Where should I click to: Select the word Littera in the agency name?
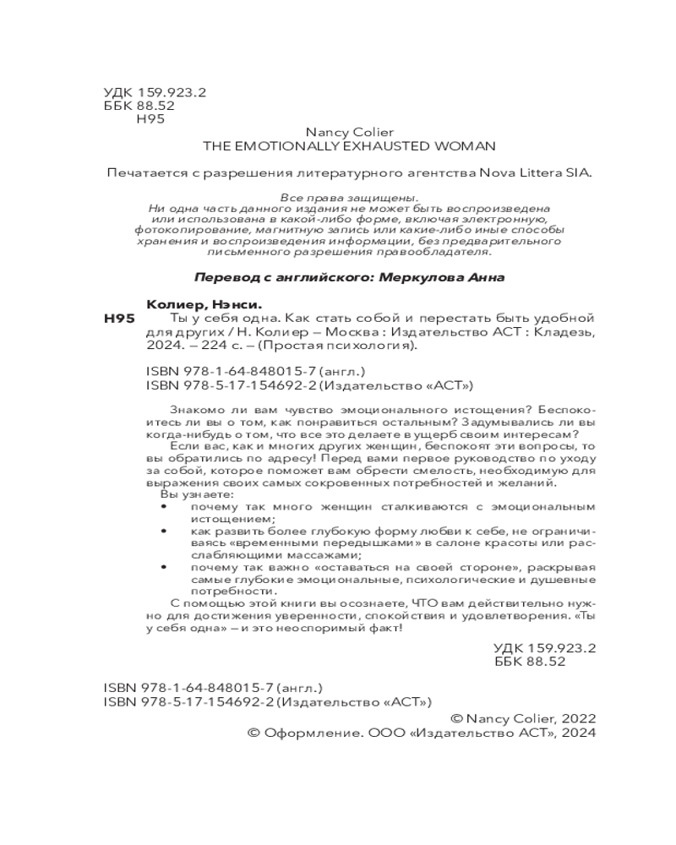click(532, 174)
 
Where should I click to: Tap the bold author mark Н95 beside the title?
click(119, 319)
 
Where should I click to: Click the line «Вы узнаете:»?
click(182, 493)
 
